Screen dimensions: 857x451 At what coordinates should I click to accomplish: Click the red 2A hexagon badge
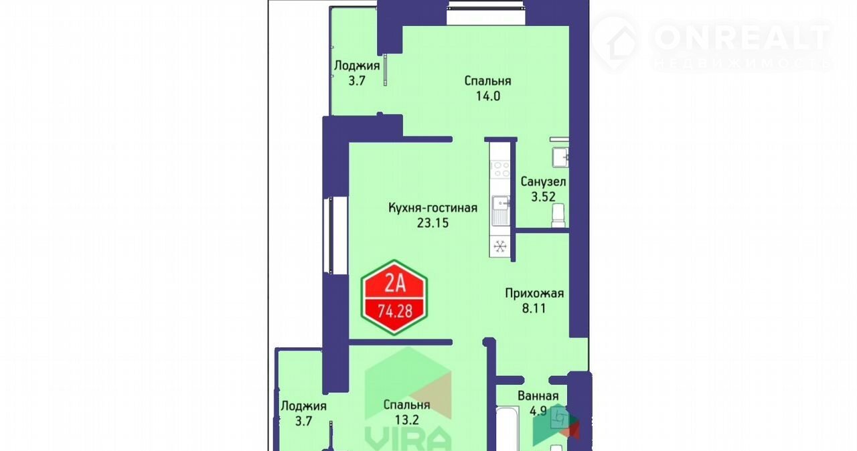[394, 297]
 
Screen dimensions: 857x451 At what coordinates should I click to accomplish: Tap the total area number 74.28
[395, 311]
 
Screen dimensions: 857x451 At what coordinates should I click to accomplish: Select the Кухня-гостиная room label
[433, 208]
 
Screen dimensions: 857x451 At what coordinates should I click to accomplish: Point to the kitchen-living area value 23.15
[433, 223]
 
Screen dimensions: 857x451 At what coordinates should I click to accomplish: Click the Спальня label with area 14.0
[488, 81]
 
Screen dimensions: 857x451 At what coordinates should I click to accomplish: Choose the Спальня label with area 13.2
[406, 405]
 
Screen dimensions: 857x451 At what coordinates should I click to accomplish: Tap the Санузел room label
[543, 181]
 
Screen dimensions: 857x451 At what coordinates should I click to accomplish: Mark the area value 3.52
[543, 197]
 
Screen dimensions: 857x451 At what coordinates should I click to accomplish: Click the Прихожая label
[534, 294]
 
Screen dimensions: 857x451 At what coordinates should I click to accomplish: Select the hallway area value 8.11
[534, 308]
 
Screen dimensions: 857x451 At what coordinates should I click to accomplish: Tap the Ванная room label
[538, 396]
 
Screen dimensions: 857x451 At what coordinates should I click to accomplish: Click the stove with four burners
[500, 169]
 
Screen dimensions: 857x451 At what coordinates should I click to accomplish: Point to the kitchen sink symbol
[500, 210]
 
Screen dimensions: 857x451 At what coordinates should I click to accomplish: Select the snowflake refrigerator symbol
[500, 246]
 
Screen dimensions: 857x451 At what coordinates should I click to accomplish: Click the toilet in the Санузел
[558, 215]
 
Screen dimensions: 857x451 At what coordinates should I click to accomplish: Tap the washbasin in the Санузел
[560, 157]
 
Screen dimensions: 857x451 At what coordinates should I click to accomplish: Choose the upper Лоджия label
[357, 66]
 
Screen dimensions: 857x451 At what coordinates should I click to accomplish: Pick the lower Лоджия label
[303, 406]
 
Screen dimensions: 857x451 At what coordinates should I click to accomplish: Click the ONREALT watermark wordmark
[743, 37]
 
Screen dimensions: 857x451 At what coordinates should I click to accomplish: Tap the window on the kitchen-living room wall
[331, 235]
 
